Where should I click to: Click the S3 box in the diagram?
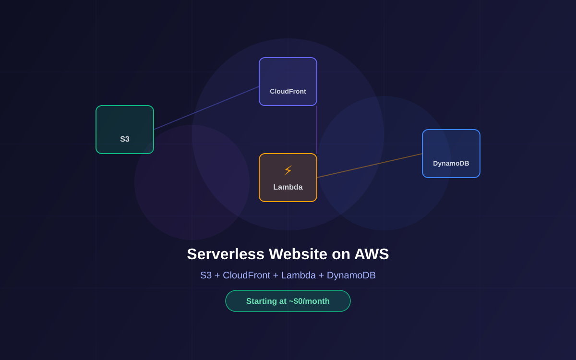click(125, 130)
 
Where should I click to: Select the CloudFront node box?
click(288, 82)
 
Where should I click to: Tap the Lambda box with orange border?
click(288, 178)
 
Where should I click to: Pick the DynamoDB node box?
click(451, 154)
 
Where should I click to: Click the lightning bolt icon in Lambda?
click(288, 170)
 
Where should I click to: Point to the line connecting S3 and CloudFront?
click(206, 108)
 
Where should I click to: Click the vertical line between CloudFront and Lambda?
click(317, 130)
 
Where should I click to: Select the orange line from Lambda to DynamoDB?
click(370, 166)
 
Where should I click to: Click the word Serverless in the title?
click(226, 254)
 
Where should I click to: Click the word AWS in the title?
click(372, 254)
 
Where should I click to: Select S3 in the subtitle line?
click(206, 275)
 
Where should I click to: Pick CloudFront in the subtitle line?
click(246, 275)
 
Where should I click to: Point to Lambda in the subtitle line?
click(298, 275)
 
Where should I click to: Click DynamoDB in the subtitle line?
click(351, 275)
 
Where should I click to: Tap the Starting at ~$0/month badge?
click(288, 301)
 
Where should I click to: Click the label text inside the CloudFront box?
click(288, 91)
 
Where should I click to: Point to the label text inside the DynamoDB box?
click(451, 163)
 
